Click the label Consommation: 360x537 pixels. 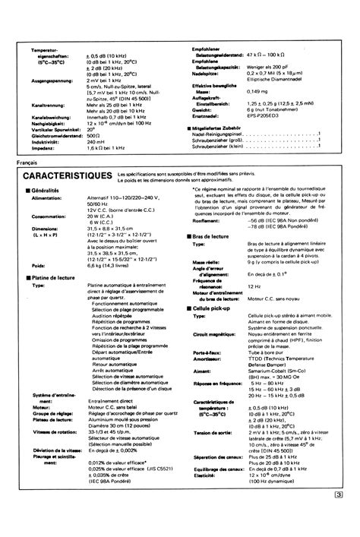click(48, 216)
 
